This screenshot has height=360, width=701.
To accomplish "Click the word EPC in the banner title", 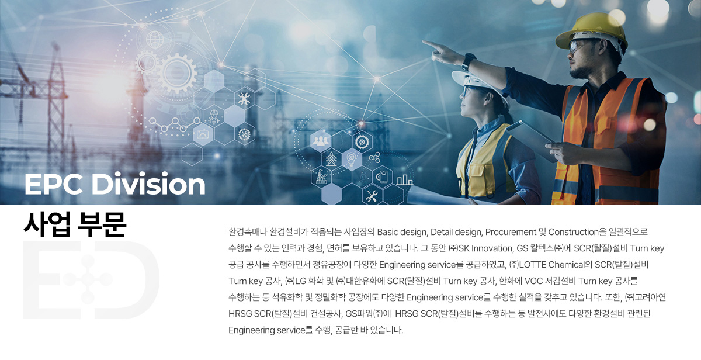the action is (x=54, y=184).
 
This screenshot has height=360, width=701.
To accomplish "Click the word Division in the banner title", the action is (x=148, y=184).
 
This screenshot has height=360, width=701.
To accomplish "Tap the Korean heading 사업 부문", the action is (x=75, y=224).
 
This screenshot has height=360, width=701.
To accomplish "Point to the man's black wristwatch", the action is (x=468, y=62).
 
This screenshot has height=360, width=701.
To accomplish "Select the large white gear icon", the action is (x=177, y=74).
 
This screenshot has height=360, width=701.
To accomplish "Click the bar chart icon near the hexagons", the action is (x=405, y=179).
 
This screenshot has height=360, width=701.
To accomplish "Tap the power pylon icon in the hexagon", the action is (x=331, y=159).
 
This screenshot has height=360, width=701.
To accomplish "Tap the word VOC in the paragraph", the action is (x=533, y=281).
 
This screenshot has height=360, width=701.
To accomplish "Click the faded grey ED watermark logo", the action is (x=91, y=279).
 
